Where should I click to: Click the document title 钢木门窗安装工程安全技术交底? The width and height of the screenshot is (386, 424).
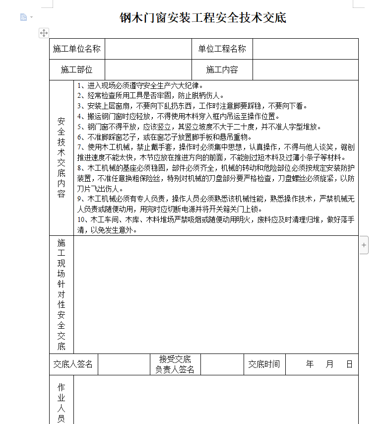[203, 18]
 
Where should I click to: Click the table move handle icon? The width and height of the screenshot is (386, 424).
[44, 33]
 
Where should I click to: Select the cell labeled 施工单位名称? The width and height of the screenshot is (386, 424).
[77, 49]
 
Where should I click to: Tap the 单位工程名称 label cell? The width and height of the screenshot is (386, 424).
[222, 49]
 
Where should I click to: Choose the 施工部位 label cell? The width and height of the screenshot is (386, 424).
[77, 70]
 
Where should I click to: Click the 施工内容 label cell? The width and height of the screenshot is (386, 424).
[222, 70]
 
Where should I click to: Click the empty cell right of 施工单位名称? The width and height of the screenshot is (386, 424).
[148, 49]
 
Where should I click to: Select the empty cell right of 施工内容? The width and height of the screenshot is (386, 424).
[305, 70]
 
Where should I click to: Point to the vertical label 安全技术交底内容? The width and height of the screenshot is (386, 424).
[62, 157]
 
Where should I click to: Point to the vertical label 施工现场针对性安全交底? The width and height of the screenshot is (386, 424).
[62, 294]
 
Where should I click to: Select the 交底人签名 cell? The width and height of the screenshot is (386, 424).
[73, 364]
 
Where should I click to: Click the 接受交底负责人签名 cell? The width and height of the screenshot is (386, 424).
[175, 364]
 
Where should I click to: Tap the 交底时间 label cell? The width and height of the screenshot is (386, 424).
[264, 364]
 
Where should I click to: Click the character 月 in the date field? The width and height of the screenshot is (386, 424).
[330, 364]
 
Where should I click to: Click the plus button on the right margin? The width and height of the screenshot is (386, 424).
[364, 245]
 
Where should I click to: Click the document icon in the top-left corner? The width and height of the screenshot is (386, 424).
[23, 17]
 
